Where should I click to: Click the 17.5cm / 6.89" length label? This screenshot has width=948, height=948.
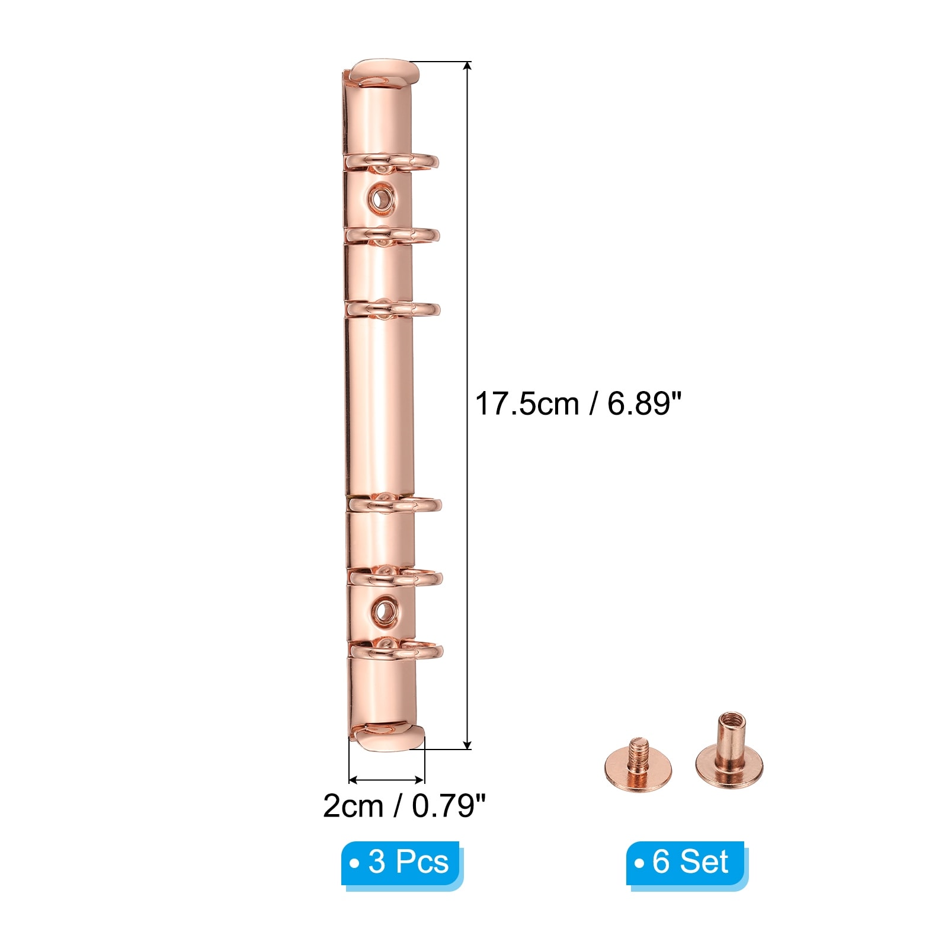(x=578, y=404)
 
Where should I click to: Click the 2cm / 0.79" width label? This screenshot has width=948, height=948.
(x=404, y=806)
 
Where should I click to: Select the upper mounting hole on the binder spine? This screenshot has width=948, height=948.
(x=380, y=196)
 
